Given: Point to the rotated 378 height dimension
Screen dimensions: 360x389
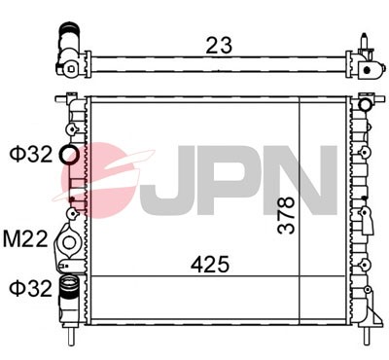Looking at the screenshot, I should click(x=285, y=216).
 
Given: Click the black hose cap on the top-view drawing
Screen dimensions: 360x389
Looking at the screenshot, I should click(x=69, y=35).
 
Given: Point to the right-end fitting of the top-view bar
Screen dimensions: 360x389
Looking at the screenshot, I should click(x=367, y=62).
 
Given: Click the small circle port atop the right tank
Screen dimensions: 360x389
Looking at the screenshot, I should click(x=365, y=104).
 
